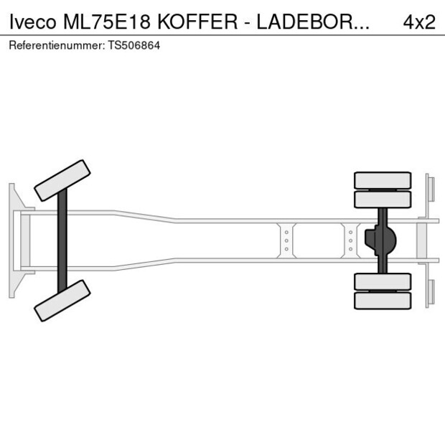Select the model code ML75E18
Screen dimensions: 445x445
point(106,22)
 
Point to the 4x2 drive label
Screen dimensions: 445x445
point(419,22)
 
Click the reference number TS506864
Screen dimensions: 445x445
point(134,45)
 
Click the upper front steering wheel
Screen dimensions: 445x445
point(62,180)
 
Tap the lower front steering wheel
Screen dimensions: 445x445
point(62,300)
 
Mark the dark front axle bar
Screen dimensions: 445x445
point(62,240)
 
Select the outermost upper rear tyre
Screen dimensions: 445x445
point(383,179)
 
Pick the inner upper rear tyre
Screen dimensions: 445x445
point(383,199)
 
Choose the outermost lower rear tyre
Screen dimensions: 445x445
point(383,301)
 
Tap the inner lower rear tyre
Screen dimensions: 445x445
point(383,281)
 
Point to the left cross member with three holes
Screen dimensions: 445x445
point(286,240)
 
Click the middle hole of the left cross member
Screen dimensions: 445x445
point(286,240)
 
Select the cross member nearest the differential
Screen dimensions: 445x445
point(350,240)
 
